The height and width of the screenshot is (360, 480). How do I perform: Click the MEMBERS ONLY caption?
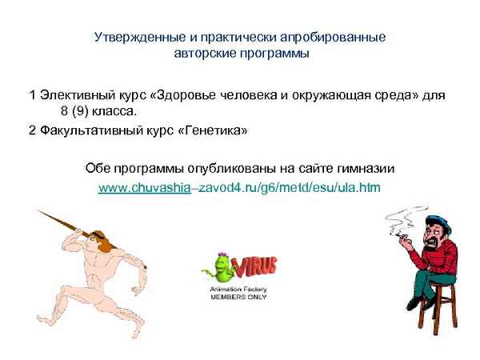click(x=239, y=296)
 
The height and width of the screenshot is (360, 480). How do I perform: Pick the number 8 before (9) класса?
click(x=64, y=113)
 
